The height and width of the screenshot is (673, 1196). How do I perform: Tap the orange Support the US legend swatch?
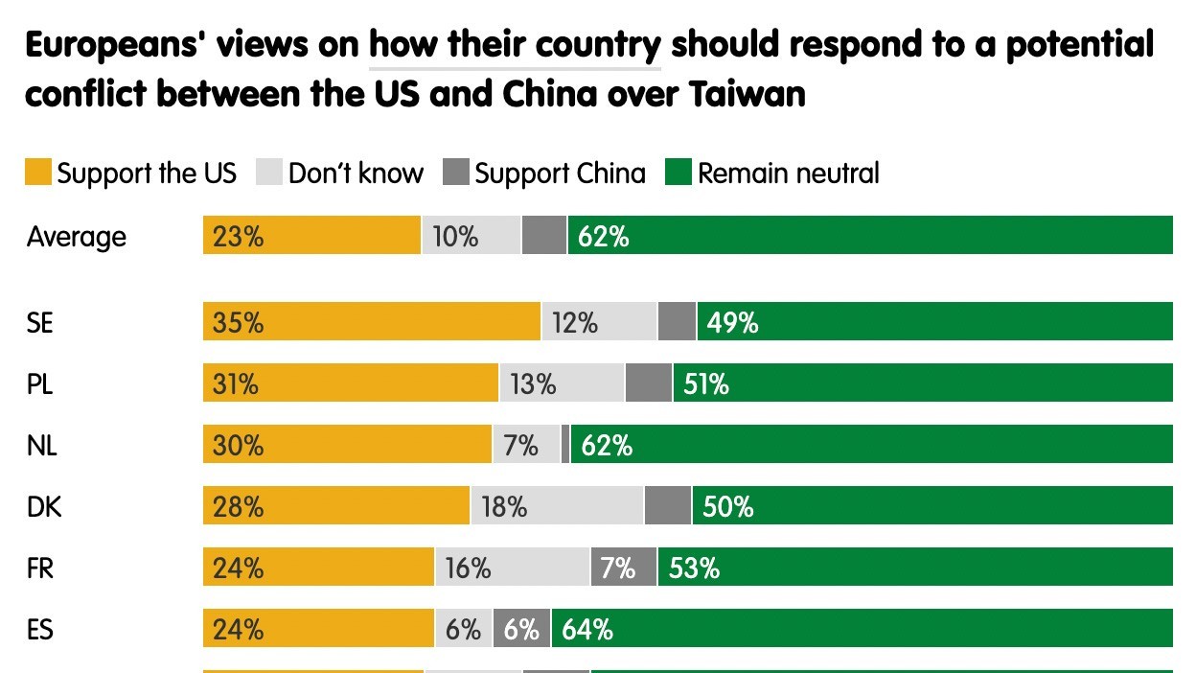coord(38,174)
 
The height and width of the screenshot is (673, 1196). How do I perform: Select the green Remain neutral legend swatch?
coord(678,174)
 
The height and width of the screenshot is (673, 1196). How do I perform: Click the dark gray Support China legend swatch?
coord(456,174)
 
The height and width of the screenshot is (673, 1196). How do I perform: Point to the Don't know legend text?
coord(356,174)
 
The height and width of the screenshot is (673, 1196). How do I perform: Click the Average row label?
coord(77,236)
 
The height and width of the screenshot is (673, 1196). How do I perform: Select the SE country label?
coord(40,323)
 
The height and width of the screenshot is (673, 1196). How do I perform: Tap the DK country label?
coord(44,507)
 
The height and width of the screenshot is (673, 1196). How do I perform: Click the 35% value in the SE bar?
coord(239,323)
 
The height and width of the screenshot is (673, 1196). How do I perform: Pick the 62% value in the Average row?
coord(604,236)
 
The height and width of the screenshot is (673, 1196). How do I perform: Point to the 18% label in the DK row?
coord(504,507)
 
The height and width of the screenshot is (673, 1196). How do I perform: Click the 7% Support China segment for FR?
coord(618,569)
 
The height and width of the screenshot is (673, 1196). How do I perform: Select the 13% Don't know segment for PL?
coord(533,384)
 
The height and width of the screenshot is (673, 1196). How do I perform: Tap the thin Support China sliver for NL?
coord(565,446)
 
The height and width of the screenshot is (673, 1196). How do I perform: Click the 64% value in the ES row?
coord(587,630)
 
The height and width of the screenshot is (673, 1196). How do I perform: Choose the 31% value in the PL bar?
coord(236,384)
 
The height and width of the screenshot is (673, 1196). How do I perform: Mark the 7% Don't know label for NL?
coord(520,446)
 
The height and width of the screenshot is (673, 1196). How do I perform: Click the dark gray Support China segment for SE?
coord(677,323)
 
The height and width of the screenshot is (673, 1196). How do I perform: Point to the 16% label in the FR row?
coord(468,569)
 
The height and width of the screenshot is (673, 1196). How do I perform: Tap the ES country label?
coord(40,630)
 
